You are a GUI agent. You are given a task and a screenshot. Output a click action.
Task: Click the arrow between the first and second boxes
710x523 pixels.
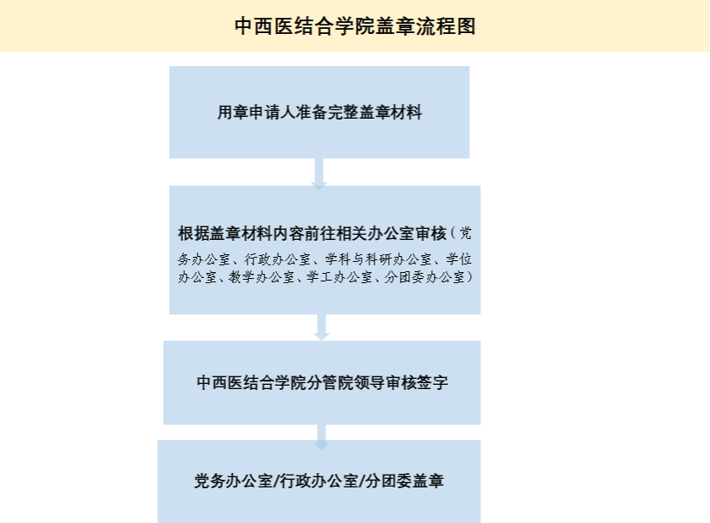(x=319, y=172)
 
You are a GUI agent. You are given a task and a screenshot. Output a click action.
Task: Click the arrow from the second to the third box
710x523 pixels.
(x=321, y=327)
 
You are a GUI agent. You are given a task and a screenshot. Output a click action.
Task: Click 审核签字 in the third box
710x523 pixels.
(x=418, y=383)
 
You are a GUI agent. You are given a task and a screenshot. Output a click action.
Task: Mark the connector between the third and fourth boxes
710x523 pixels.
(x=321, y=432)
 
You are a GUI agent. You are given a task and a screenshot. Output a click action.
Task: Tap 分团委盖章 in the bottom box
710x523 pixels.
(x=405, y=481)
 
